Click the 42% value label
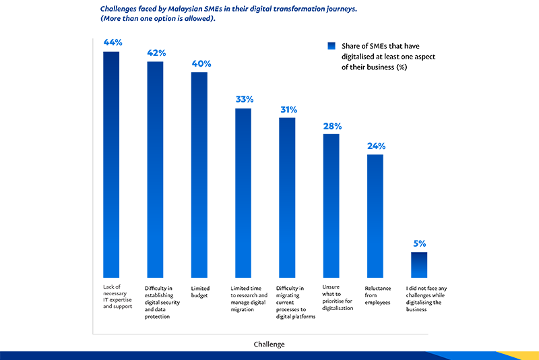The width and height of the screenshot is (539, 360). click(x=156, y=53)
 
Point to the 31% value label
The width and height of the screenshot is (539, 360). click(x=287, y=109)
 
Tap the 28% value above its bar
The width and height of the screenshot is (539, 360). click(x=331, y=125)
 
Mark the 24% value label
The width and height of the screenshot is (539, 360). click(x=375, y=146)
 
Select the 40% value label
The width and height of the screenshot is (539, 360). click(x=200, y=63)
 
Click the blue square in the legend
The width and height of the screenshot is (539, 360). click(x=331, y=46)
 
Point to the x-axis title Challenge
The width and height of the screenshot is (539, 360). click(x=269, y=344)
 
